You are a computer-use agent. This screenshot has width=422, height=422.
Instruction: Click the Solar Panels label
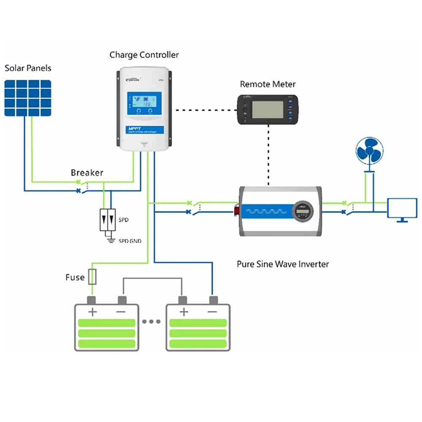28,68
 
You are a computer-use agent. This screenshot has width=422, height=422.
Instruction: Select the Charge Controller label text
144,55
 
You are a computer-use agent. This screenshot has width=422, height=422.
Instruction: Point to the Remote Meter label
268,84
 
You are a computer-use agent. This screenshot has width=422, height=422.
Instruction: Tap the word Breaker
87,173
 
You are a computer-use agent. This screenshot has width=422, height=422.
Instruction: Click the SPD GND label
130,241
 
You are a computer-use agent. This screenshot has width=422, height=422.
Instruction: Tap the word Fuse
75,278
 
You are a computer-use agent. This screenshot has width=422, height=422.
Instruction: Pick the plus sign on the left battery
92,312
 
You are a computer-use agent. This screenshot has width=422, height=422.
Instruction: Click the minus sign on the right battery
213,312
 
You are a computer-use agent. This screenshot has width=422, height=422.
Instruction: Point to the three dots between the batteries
151,322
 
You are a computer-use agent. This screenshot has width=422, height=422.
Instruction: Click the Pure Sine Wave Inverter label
283,264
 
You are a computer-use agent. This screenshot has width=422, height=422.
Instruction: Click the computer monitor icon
402,209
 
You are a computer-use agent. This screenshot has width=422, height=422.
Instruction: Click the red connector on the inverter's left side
237,209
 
